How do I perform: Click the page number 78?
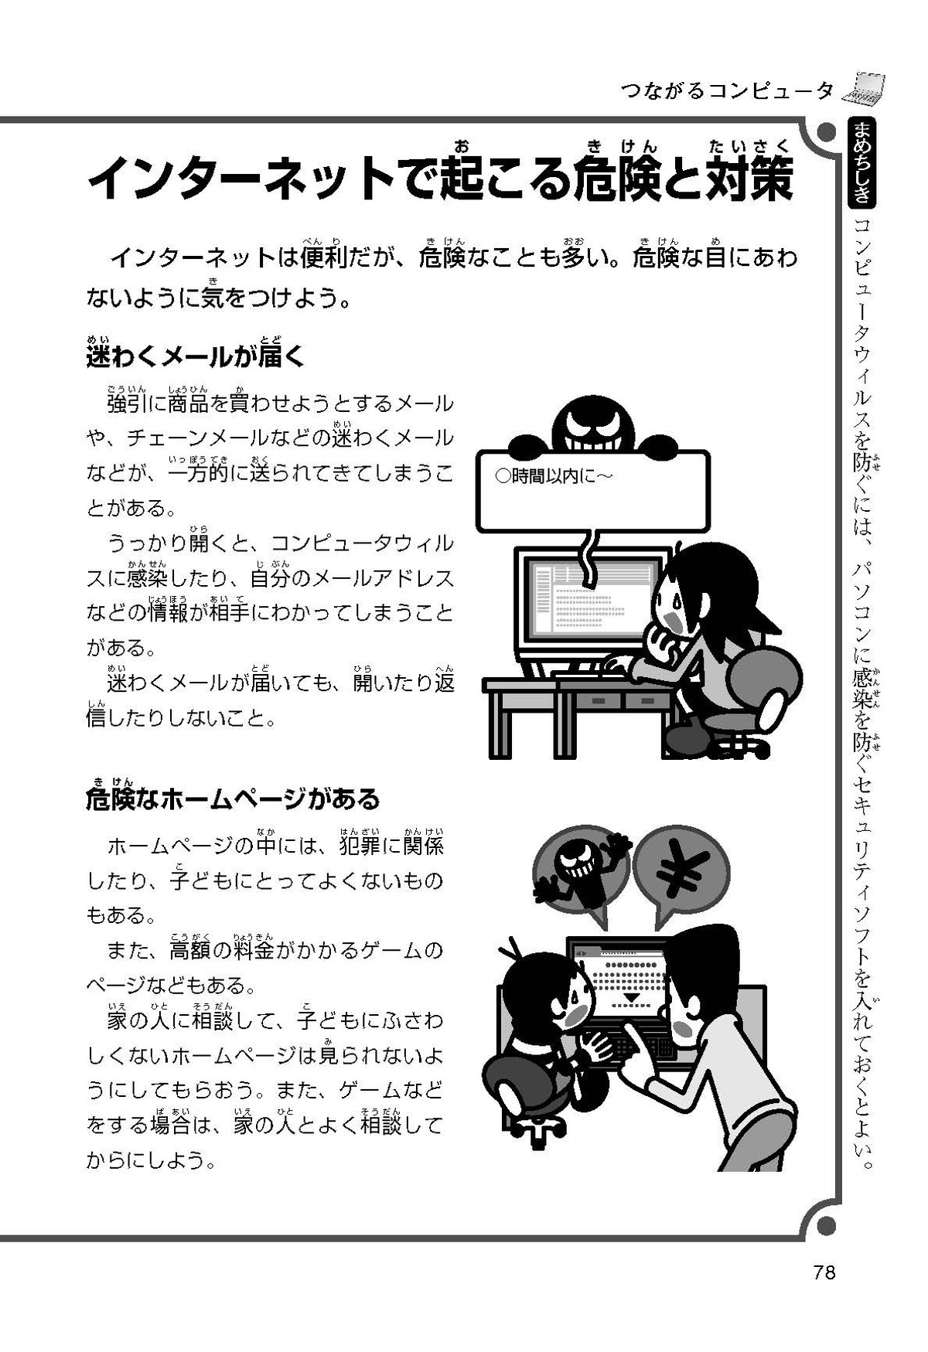tap(824, 1272)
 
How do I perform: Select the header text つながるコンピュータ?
tap(727, 90)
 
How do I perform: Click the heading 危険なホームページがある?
tap(233, 798)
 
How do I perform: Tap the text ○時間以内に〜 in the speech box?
tap(552, 476)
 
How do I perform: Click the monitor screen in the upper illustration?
tap(592, 600)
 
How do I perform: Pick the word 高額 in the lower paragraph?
tap(190, 950)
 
